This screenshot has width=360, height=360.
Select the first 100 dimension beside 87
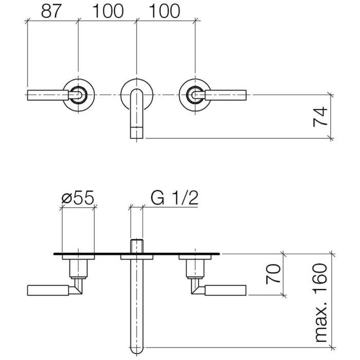tap(108, 11)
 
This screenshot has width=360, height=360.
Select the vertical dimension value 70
tap(274, 274)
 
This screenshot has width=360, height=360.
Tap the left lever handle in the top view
tap(47, 94)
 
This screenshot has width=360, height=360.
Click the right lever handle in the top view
tap(226, 94)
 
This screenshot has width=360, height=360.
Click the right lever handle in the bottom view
tap(226, 290)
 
